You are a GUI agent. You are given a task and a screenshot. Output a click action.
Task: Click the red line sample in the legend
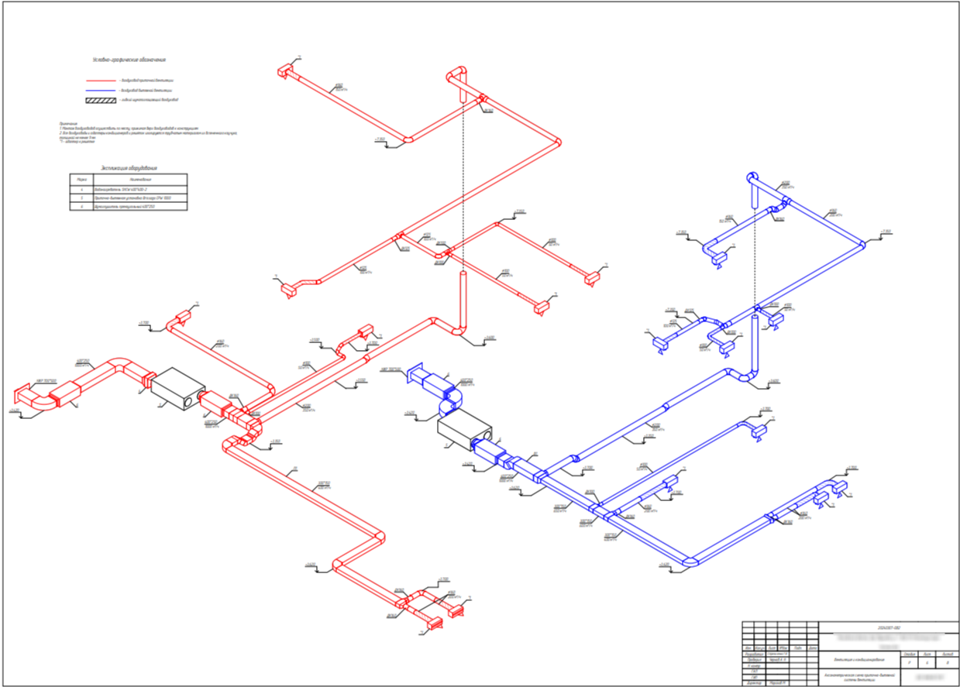tap(100, 80)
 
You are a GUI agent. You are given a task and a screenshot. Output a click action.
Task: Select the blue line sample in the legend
tap(100, 90)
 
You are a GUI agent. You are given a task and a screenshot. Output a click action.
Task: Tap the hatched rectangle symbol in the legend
tap(100, 100)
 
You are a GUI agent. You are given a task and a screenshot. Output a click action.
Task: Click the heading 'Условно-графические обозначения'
tap(129, 60)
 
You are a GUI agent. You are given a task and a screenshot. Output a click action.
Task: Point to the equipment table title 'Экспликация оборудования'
tap(129, 168)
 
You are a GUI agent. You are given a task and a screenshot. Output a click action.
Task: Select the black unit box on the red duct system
tap(177, 387)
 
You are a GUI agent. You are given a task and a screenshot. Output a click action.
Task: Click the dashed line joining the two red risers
tap(463, 186)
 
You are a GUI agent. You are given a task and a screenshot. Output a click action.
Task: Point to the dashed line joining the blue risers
tap(755, 256)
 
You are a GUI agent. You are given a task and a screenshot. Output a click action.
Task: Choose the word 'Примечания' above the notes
tap(67, 122)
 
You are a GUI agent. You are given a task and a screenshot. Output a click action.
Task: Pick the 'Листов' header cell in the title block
tap(947, 654)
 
